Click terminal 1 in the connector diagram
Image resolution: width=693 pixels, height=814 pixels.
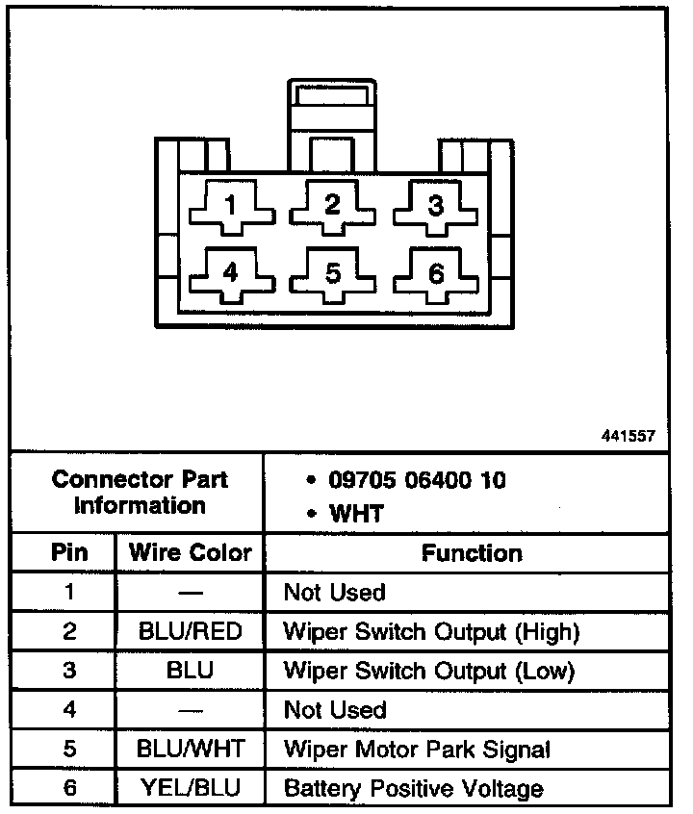(x=230, y=205)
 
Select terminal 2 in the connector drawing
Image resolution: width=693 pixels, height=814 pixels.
(x=332, y=205)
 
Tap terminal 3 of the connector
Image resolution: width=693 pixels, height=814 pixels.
(x=436, y=205)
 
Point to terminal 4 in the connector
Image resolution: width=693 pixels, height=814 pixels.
(x=230, y=273)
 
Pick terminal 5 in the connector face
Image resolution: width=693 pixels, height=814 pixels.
(x=332, y=273)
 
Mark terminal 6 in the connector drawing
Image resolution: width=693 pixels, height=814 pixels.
(x=436, y=273)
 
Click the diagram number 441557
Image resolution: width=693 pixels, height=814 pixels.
(x=628, y=436)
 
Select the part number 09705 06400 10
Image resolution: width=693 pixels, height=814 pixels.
(x=417, y=478)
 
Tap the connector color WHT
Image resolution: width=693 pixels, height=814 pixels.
(x=356, y=513)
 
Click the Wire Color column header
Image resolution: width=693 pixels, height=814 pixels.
(x=190, y=553)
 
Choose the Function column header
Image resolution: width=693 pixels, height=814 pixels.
(x=472, y=553)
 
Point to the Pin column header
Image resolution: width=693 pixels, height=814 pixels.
(x=68, y=553)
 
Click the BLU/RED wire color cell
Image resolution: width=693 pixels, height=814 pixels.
(x=190, y=632)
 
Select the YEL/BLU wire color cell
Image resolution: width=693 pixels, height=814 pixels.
(x=190, y=789)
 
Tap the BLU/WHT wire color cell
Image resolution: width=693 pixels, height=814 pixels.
(x=190, y=750)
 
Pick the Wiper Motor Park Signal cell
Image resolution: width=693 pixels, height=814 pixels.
(x=417, y=750)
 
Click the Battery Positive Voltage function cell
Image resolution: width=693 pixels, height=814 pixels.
(x=413, y=789)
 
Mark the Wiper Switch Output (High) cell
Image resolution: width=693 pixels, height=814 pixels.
(x=431, y=632)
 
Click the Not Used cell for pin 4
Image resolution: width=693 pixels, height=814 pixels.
(x=334, y=710)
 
